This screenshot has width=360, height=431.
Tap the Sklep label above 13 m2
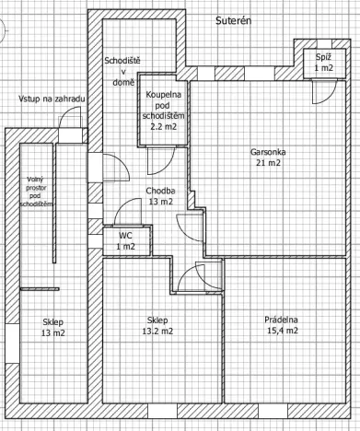coord(53,321)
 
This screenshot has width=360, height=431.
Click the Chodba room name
coord(160,192)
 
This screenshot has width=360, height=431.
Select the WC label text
coord(125,235)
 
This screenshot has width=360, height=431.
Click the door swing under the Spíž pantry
coord(322,88)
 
